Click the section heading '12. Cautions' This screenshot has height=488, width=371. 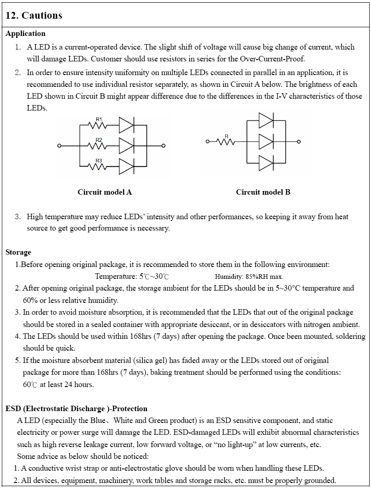coord(34,15)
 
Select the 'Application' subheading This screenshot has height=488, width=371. coord(25,34)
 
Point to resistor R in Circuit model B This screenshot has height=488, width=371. coord(226,141)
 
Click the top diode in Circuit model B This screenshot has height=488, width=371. coord(266,121)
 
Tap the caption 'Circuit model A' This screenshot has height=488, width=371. coord(104,192)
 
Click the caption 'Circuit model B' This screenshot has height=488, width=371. coord(263,192)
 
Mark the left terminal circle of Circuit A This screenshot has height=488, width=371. coord(59,146)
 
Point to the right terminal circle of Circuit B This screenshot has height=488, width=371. coord(299,141)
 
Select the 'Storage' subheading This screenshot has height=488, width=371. coord(18,252)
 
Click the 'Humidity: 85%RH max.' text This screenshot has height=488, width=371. coord(249,277)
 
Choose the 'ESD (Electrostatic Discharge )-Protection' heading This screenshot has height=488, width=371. coord(76,409)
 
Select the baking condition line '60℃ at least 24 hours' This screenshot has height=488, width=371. coord(58,385)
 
